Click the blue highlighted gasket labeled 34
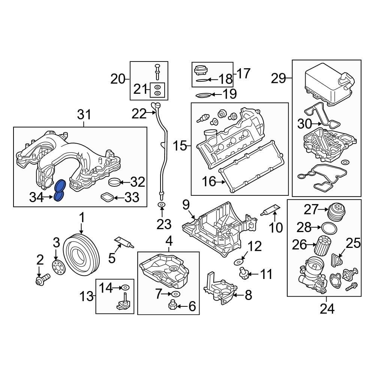click(60, 191)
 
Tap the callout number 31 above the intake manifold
click(84, 115)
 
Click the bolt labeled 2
click(41, 280)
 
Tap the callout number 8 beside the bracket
click(248, 295)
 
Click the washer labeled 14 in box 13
click(126, 288)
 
